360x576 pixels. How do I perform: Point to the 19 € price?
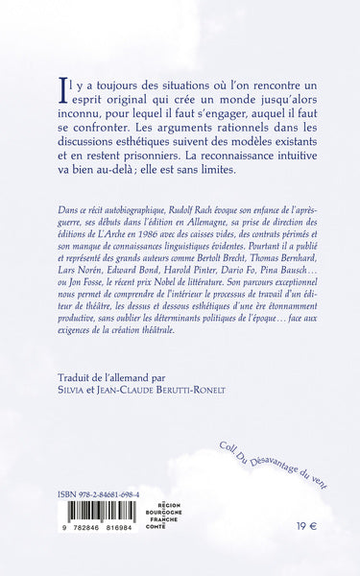click(x=302, y=554)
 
